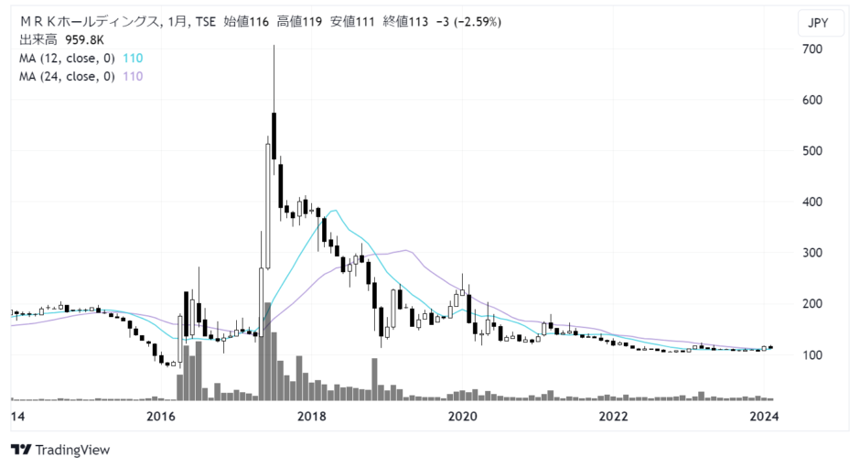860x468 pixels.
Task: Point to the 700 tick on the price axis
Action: click(x=812, y=49)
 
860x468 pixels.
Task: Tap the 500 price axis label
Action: click(x=812, y=151)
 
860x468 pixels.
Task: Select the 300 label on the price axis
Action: click(x=812, y=253)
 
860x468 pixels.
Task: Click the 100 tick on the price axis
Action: click(x=812, y=354)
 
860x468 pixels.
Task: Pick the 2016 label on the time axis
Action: click(x=161, y=417)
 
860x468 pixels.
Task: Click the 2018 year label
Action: click(x=312, y=417)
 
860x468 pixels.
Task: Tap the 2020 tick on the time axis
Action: click(x=462, y=417)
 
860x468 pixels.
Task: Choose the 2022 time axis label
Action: click(x=613, y=417)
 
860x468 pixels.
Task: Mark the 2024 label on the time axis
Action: click(x=764, y=417)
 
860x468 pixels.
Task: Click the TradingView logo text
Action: click(x=72, y=451)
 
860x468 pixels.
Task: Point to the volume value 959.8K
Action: click(x=84, y=40)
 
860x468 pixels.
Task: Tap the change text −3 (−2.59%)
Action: click(x=468, y=22)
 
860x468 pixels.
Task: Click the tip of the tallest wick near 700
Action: click(x=274, y=46)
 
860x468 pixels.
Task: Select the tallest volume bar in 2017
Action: click(x=268, y=352)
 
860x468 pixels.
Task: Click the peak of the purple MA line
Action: click(x=406, y=250)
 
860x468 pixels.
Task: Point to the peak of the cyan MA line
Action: click(x=334, y=211)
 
